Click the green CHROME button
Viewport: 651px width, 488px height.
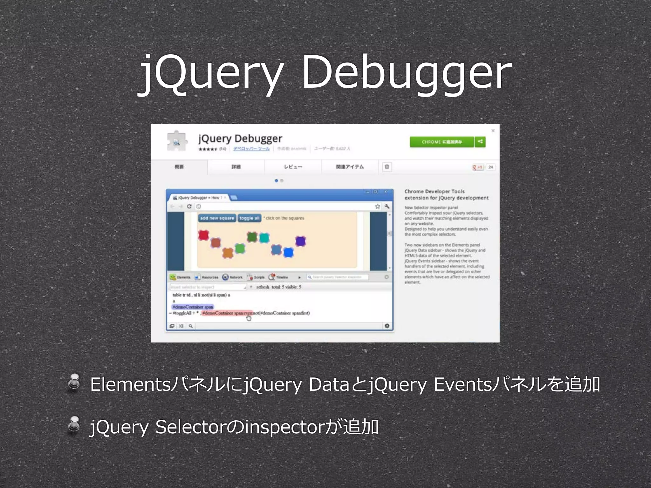[x=442, y=142]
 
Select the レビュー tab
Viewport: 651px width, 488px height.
[x=293, y=167]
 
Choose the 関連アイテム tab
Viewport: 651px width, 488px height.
[x=350, y=167]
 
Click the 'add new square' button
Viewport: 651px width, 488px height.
[x=217, y=218]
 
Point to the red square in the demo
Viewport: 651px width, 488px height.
[x=203, y=235]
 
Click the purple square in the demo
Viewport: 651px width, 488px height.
[x=300, y=241]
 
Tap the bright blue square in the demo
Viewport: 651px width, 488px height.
[x=288, y=253]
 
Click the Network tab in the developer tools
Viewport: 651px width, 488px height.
[x=232, y=277]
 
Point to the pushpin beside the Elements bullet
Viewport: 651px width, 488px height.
[x=74, y=382]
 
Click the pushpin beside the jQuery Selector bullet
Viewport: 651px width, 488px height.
[x=74, y=424]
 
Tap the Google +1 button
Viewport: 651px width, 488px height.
[x=477, y=167]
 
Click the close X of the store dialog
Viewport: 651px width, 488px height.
[x=493, y=131]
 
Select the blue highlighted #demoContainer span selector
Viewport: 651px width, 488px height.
[x=193, y=307]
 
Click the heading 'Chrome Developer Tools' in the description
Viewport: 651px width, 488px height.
[x=434, y=191]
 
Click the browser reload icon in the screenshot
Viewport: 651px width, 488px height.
[x=189, y=207]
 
